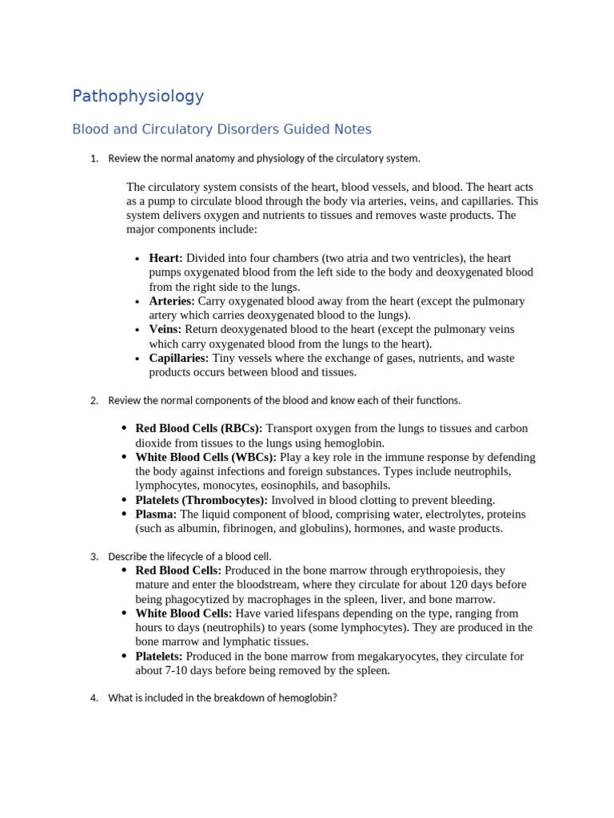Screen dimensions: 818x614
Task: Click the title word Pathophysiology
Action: pyautogui.click(x=138, y=97)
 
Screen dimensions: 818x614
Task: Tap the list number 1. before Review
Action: pyautogui.click(x=94, y=159)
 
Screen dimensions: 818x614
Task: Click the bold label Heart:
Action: pyautogui.click(x=165, y=258)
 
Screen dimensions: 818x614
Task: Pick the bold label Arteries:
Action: pyautogui.click(x=172, y=301)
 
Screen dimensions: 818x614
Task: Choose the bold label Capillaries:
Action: pyautogui.click(x=179, y=358)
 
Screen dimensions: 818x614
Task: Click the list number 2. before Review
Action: pyautogui.click(x=94, y=400)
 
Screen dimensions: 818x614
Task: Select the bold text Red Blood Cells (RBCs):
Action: pyautogui.click(x=199, y=428)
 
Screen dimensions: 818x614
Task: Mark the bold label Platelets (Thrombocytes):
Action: pyautogui.click(x=201, y=499)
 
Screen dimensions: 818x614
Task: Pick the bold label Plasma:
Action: pyautogui.click(x=156, y=514)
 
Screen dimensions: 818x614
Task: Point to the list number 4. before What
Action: pyautogui.click(x=94, y=698)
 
